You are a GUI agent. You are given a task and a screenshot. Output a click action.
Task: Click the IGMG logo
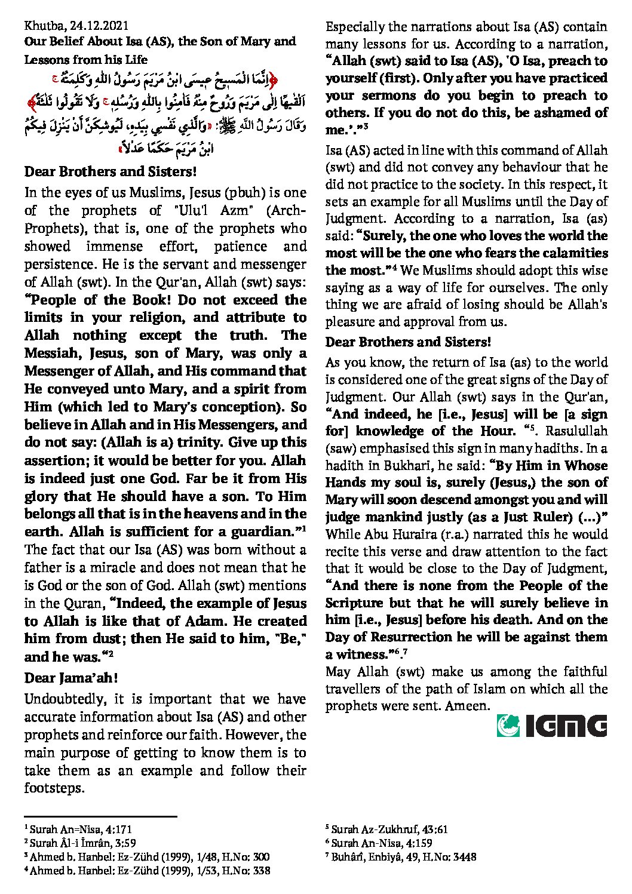click(552, 726)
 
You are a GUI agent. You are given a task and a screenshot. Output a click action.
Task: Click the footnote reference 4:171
click(119, 830)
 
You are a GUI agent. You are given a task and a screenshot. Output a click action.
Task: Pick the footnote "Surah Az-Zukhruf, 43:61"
click(389, 830)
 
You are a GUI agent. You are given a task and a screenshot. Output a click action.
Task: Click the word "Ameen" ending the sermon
click(469, 706)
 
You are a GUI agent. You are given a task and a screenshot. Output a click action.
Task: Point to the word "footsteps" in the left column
click(52, 788)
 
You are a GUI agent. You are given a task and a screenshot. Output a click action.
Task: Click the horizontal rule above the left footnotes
click(100, 816)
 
